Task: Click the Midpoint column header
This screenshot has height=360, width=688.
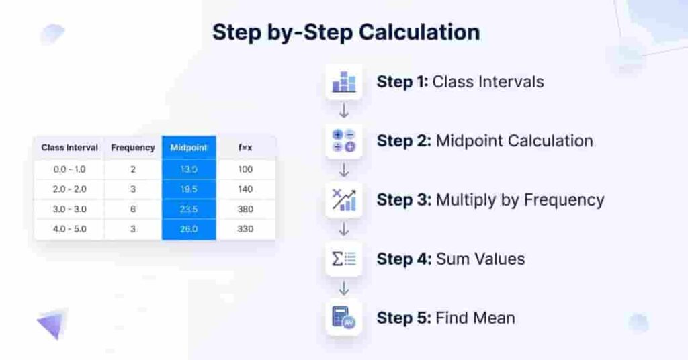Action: coord(189,148)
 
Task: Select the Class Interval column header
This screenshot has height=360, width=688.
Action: coord(69,148)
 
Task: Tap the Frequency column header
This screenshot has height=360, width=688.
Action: coord(133,148)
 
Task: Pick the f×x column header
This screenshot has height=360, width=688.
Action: coord(245,148)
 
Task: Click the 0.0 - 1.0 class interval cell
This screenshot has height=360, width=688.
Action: coord(69,169)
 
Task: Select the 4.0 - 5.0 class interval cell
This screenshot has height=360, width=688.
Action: coord(69,229)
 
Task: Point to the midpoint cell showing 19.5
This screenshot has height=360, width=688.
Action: coord(189,189)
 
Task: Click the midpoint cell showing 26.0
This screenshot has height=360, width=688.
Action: coord(189,229)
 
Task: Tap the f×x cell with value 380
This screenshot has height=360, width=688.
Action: coord(245,209)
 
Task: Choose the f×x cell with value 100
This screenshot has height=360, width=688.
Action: coord(245,169)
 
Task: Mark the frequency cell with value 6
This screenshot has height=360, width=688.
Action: coord(133,209)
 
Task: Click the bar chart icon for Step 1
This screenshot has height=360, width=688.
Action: coord(344,82)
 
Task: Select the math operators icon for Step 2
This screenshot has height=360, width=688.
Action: coord(344,141)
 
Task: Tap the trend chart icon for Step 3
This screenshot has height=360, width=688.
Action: coord(344,200)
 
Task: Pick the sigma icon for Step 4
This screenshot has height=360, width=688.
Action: coord(344,259)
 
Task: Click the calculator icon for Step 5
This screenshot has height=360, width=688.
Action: coord(344,318)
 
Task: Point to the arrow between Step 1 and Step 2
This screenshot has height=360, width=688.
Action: coord(344,111)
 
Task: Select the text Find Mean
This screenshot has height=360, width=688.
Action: coord(476,318)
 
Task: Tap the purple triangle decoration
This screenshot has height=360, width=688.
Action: coord(52,324)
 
